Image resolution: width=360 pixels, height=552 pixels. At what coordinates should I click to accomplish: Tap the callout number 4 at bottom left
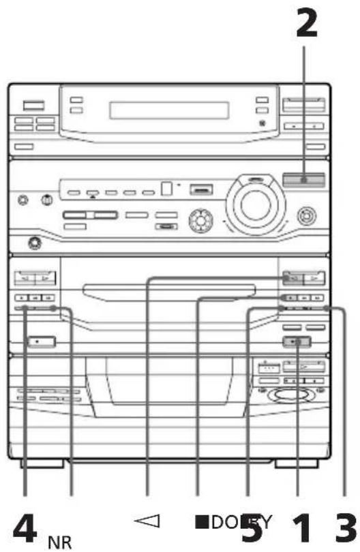[27, 525]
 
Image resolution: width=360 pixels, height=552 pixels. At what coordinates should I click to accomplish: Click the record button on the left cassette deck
[39, 341]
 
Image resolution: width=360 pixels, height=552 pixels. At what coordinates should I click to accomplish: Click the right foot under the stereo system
[298, 464]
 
